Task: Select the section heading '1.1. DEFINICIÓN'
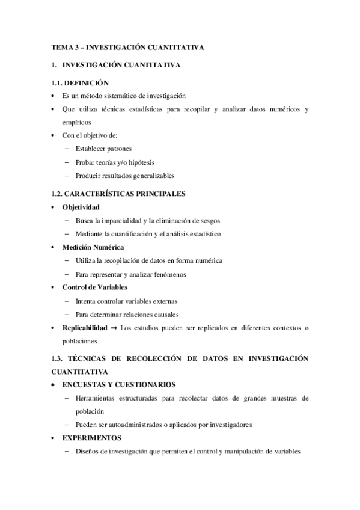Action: [x=81, y=83]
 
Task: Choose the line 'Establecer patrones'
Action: [x=103, y=148]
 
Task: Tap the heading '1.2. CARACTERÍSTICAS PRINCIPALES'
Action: [x=118, y=194]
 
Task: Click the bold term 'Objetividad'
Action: [x=81, y=207]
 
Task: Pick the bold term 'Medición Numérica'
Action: [x=93, y=247]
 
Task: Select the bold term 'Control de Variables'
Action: [x=94, y=287]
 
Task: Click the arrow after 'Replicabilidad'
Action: [x=113, y=328]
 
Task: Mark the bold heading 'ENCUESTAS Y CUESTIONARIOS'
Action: [x=118, y=384]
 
